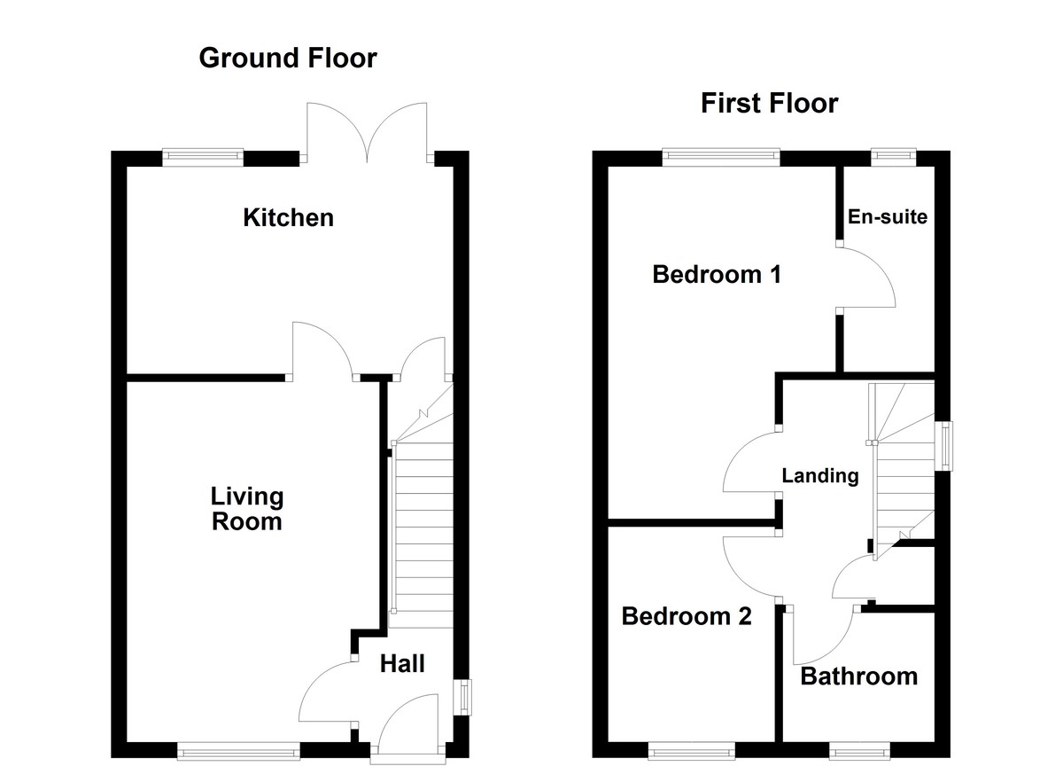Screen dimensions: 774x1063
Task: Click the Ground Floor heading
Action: pyautogui.click(x=288, y=59)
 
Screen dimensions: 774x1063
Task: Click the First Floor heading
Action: pyautogui.click(x=769, y=104)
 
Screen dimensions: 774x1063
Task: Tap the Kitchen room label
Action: pyautogui.click(x=288, y=217)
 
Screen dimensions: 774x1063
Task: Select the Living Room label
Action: pyautogui.click(x=246, y=509)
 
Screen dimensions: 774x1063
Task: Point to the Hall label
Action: pyautogui.click(x=402, y=663)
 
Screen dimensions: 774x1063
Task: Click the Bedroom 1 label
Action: pyautogui.click(x=716, y=275)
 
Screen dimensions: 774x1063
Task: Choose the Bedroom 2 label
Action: pyautogui.click(x=687, y=616)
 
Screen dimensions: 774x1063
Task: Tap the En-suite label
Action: pyautogui.click(x=887, y=216)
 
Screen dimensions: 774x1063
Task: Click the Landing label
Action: pyautogui.click(x=819, y=476)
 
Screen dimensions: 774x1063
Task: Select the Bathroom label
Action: pyautogui.click(x=858, y=677)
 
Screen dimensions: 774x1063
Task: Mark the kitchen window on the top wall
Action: pyautogui.click(x=203, y=158)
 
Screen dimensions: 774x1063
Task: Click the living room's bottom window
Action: pyautogui.click(x=239, y=752)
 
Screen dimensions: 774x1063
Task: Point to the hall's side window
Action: pyautogui.click(x=462, y=695)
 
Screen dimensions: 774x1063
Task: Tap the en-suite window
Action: pyautogui.click(x=892, y=158)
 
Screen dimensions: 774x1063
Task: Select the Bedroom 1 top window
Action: pyautogui.click(x=722, y=158)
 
